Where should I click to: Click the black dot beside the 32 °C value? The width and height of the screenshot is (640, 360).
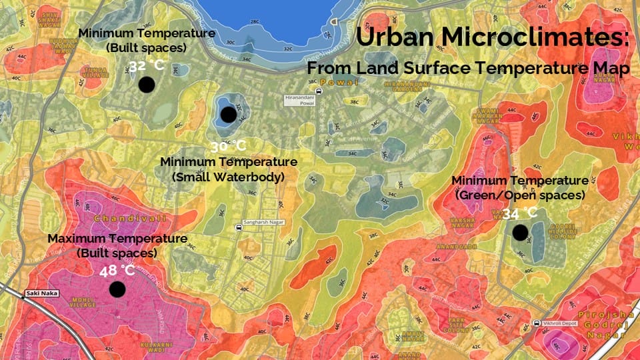point(147,85)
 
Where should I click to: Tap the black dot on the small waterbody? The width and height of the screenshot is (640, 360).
point(229,115)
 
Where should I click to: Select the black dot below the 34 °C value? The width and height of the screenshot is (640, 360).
point(520,233)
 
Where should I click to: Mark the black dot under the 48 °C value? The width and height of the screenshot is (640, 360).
point(117,289)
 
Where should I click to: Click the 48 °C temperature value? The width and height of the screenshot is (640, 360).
point(117,271)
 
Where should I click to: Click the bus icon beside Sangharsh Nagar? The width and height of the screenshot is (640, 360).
point(239,227)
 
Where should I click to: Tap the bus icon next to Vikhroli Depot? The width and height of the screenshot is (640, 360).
point(537,323)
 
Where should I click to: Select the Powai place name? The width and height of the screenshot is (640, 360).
point(329,82)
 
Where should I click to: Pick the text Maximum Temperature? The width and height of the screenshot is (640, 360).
point(117,239)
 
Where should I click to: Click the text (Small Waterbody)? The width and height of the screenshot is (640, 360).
point(228,177)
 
